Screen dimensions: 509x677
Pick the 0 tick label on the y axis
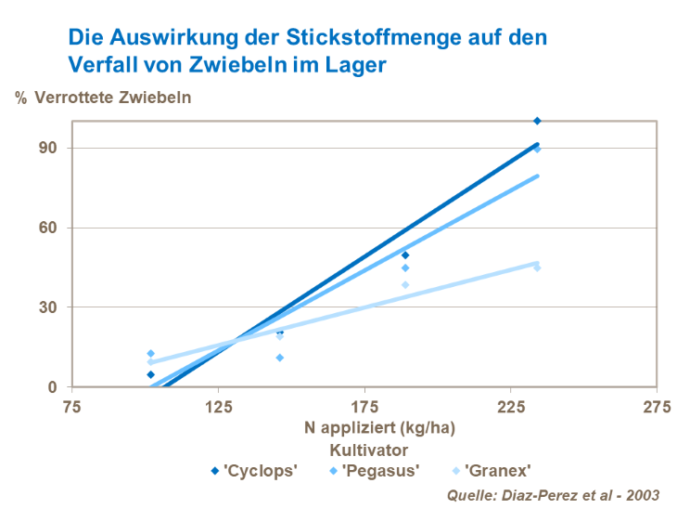pos(53,387)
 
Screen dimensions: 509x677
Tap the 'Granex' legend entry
pos(496,470)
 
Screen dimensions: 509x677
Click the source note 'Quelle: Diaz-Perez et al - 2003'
pos(553,494)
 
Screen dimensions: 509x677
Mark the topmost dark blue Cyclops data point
pos(537,121)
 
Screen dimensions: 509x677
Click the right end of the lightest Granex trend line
pos(537,263)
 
